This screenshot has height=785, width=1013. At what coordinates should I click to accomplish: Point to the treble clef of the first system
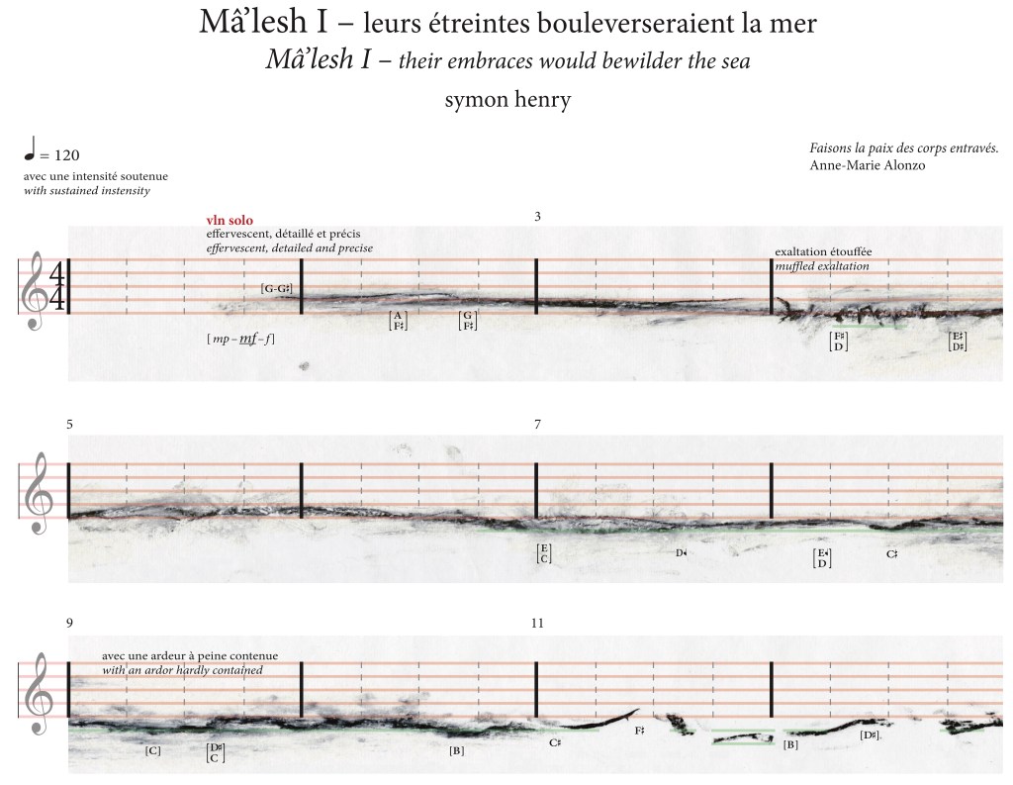tap(37, 290)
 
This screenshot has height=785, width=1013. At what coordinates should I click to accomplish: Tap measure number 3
tap(537, 215)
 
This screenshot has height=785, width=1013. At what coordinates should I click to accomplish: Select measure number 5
tap(69, 424)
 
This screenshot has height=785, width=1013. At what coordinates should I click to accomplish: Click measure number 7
tap(537, 424)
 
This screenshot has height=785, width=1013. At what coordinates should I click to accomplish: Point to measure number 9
tap(69, 624)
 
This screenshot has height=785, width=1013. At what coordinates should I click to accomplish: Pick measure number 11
tap(537, 624)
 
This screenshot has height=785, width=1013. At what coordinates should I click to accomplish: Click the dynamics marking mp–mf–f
tap(241, 339)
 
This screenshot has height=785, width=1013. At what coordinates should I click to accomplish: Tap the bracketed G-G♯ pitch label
tap(277, 288)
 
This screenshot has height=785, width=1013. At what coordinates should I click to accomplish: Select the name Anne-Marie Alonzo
tap(867, 164)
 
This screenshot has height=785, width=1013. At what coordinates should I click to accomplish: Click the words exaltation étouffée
tap(823, 252)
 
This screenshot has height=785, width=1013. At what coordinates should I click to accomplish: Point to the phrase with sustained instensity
tap(87, 189)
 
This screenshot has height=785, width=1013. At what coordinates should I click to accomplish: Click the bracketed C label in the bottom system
tap(153, 751)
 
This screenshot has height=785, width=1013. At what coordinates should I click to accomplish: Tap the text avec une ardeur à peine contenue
tap(190, 656)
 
